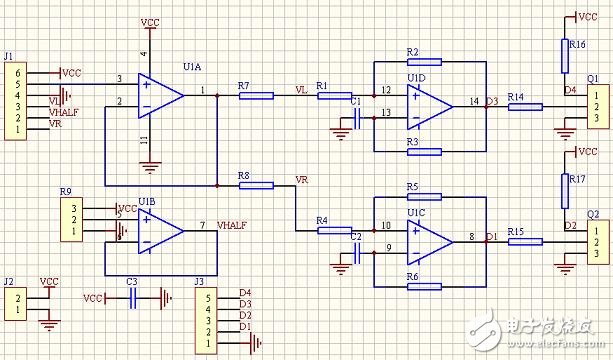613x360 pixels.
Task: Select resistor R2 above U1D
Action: [425, 63]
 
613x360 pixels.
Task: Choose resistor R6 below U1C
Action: [425, 285]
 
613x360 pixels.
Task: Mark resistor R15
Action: [524, 241]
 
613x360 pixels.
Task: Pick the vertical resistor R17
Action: [565, 184]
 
